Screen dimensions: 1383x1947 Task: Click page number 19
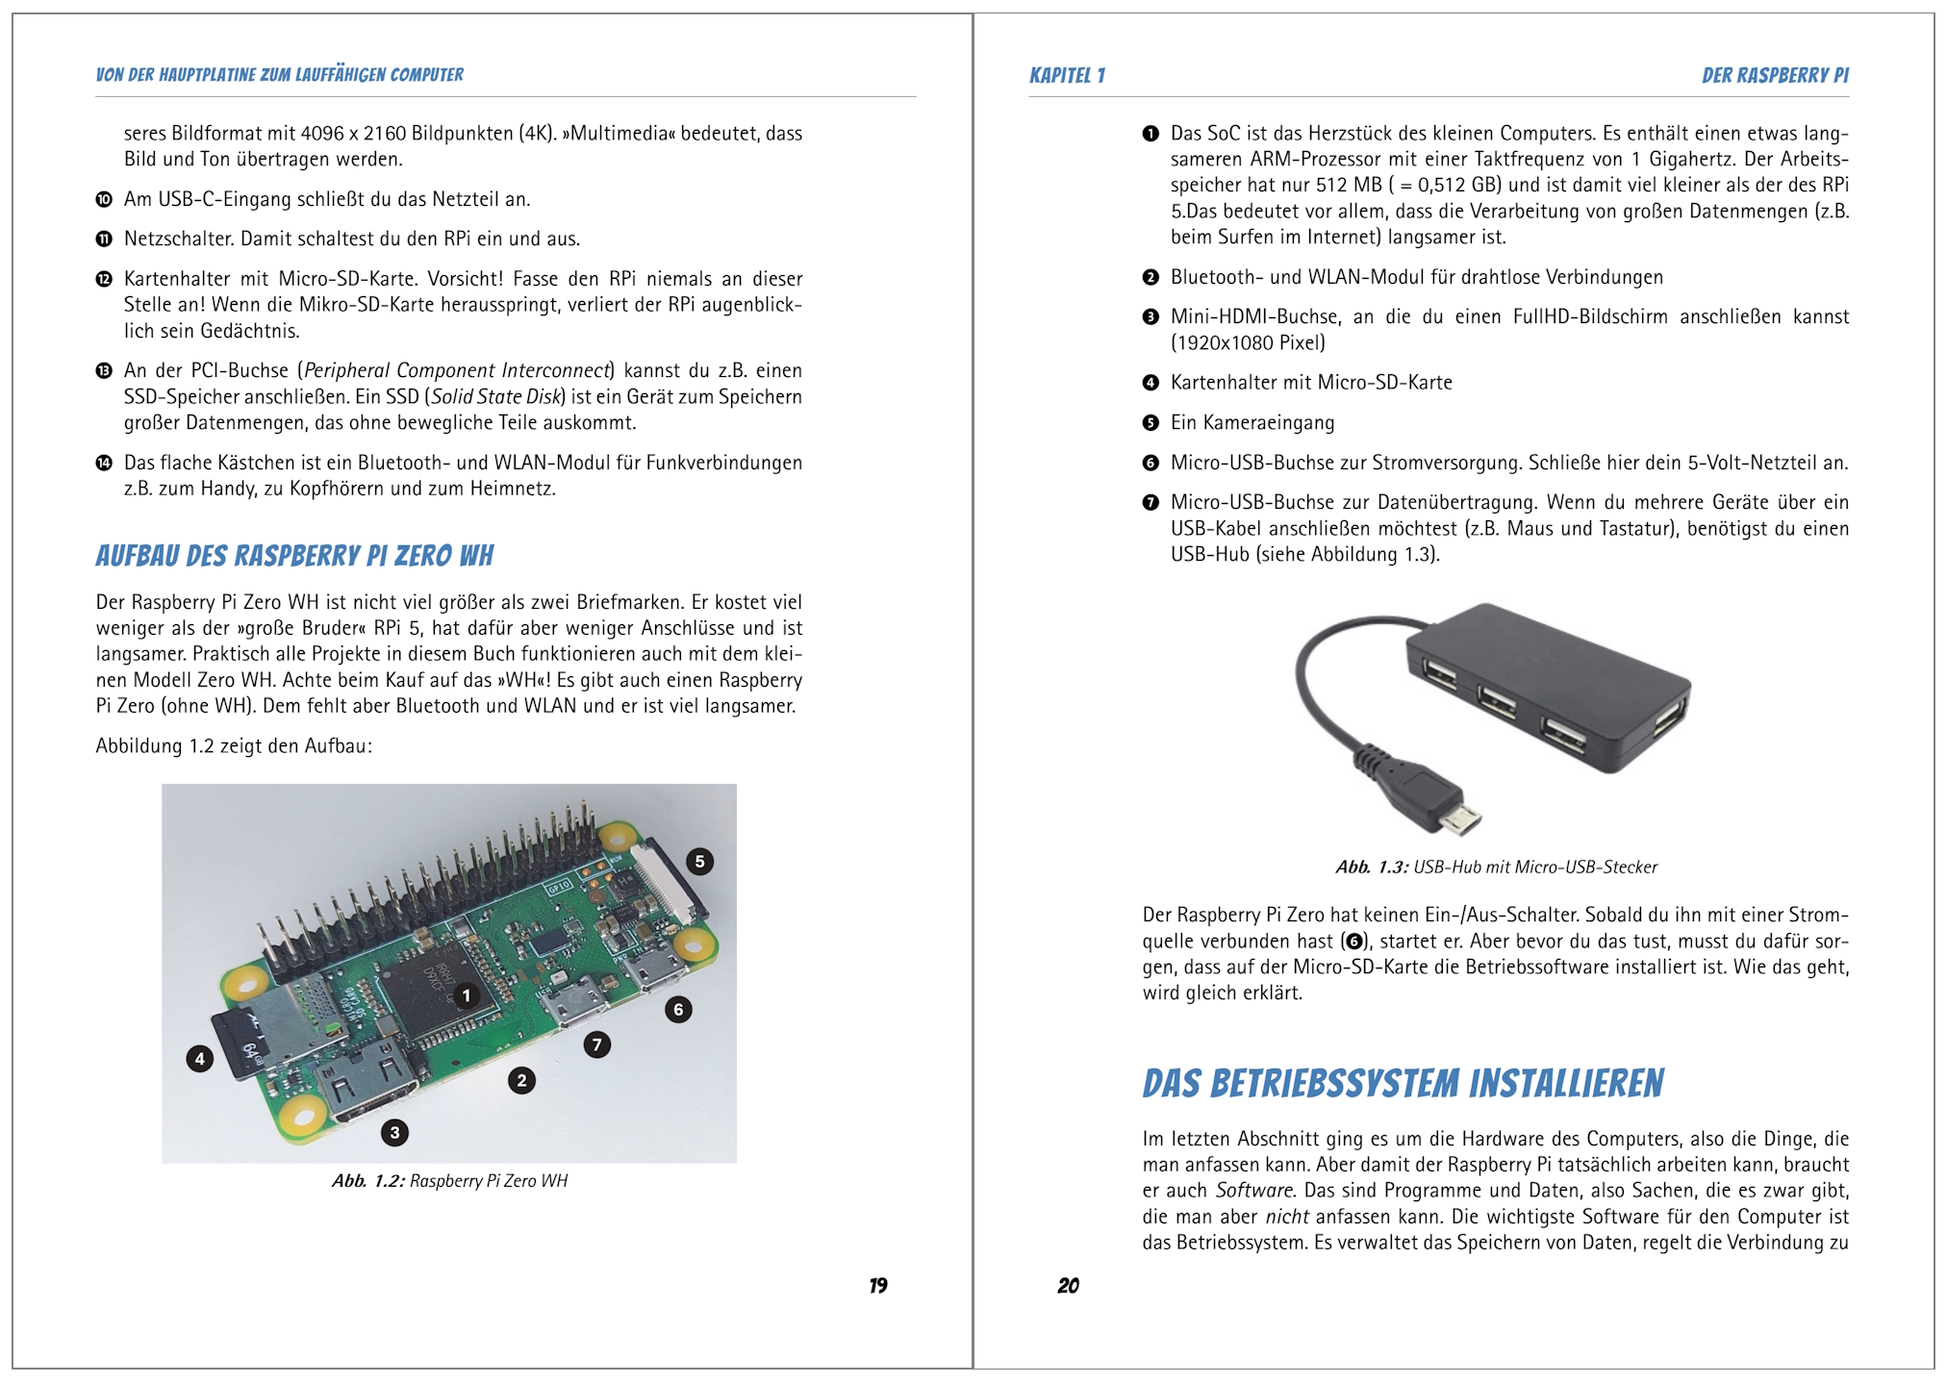[x=877, y=1286]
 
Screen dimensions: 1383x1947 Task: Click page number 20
[x=1068, y=1286]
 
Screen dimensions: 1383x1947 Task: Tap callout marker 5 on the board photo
[x=699, y=862]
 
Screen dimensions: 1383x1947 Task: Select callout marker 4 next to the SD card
[x=199, y=1060]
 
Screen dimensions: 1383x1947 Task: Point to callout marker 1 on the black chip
[x=467, y=996]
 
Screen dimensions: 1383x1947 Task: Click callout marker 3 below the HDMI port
[x=394, y=1133]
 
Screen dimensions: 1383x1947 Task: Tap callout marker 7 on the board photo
[x=596, y=1044]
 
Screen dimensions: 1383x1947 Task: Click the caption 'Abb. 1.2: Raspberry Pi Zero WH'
[x=449, y=1181]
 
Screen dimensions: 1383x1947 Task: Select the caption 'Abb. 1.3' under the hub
[x=1496, y=868]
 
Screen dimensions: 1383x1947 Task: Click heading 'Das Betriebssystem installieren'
[x=1403, y=1084]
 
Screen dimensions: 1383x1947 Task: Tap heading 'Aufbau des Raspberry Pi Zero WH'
[x=294, y=556]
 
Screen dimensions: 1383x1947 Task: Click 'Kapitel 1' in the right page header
[x=1067, y=76]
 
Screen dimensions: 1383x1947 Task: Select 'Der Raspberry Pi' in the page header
[x=1775, y=76]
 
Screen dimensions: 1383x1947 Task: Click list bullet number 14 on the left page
[x=104, y=463]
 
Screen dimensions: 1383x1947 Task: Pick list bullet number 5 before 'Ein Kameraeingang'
[x=1150, y=423]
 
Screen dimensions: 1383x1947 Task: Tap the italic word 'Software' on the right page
[x=1254, y=1191]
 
